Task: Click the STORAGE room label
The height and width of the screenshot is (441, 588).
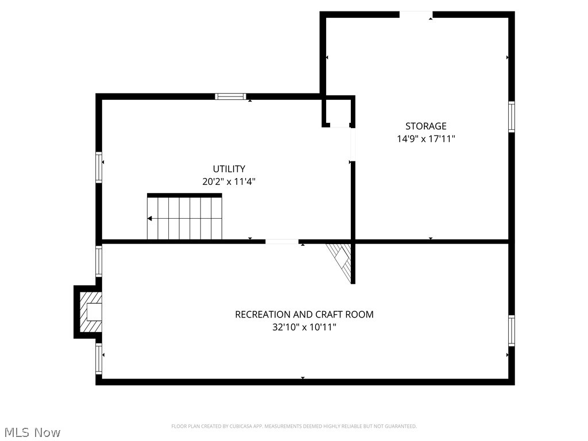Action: [425, 126]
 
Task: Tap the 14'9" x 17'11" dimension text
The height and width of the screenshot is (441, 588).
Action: [425, 139]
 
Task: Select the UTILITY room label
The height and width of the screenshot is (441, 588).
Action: [229, 169]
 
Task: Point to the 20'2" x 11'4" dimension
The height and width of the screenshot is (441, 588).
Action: [229, 181]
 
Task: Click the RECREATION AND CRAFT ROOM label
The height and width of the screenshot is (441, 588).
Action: [304, 315]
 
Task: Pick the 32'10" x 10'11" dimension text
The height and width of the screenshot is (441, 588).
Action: [304, 327]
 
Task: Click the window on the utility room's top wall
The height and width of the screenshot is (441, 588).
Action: [230, 96]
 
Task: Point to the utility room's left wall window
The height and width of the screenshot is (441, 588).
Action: [99, 167]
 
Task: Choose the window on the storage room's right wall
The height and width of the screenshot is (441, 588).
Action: [511, 117]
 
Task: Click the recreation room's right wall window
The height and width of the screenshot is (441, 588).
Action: [511, 330]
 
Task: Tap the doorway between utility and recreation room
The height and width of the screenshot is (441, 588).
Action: [282, 242]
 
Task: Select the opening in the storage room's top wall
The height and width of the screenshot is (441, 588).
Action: [416, 14]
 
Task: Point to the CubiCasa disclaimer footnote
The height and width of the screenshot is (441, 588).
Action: [294, 426]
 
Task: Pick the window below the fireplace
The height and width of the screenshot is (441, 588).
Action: [99, 359]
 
